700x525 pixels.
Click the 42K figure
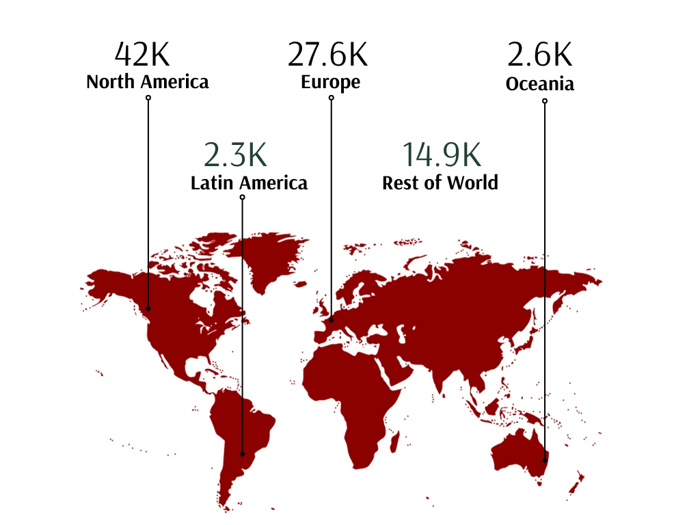pyautogui.click(x=143, y=54)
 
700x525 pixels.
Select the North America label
pyautogui.click(x=148, y=83)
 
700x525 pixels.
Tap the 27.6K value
pyautogui.click(x=327, y=55)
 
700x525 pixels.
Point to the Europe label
pyautogui.click(x=331, y=83)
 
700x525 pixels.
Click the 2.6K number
pyautogui.click(x=539, y=55)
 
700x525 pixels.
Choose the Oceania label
pyautogui.click(x=539, y=84)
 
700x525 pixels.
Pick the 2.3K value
pyautogui.click(x=235, y=155)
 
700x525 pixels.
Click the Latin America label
pyautogui.click(x=249, y=183)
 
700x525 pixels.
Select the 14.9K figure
pyautogui.click(x=441, y=155)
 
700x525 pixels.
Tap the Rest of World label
pyautogui.click(x=440, y=183)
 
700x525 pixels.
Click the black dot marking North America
pyautogui.click(x=148, y=309)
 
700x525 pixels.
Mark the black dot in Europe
pyautogui.click(x=332, y=319)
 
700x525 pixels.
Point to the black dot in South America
pyautogui.click(x=242, y=453)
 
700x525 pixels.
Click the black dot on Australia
pyautogui.click(x=545, y=460)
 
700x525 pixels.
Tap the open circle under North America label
pyautogui.click(x=148, y=98)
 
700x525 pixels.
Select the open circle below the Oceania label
pyautogui.click(x=545, y=101)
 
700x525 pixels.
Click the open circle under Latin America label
pyautogui.click(x=242, y=198)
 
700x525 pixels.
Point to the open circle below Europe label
pyautogui.click(x=332, y=98)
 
